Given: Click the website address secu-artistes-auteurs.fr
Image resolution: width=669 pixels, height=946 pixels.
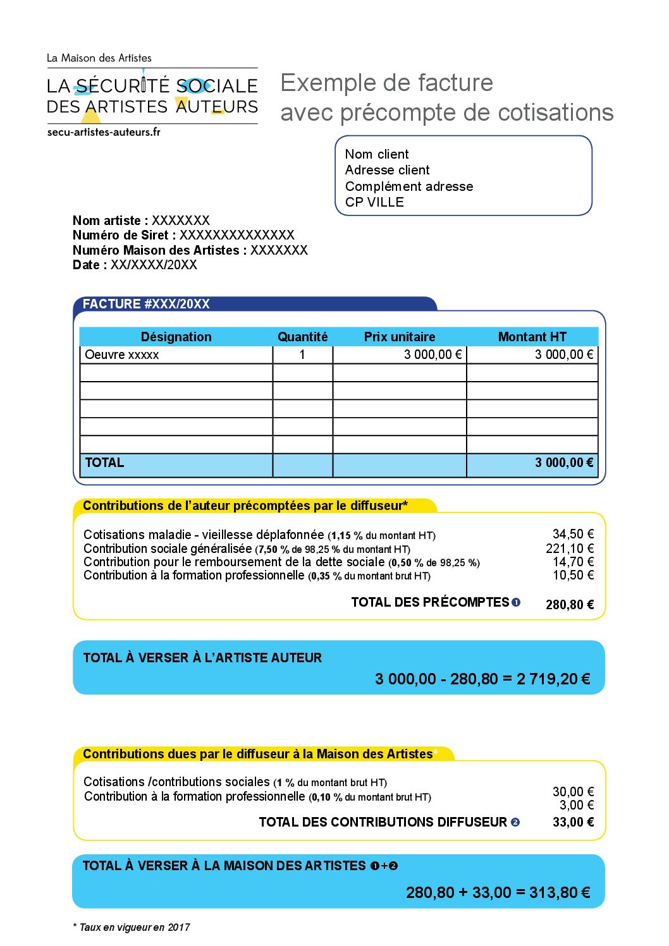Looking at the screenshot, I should pos(104,132).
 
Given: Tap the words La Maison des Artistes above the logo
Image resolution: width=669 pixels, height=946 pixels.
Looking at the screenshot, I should pos(99,58).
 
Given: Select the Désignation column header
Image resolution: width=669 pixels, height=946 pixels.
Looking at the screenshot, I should pos(176,337).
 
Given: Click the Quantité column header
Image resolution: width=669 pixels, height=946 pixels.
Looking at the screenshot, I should pos(302,337).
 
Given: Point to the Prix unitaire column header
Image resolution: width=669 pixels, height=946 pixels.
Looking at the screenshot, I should pos(399,337).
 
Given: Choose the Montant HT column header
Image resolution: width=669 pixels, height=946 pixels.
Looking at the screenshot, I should pos(532,337).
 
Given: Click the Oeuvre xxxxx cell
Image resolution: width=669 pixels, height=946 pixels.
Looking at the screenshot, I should pos(122,355).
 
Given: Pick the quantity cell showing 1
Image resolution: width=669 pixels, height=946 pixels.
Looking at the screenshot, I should pos(302,355).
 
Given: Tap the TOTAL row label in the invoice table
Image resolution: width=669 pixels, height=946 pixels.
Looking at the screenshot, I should pos(104,463).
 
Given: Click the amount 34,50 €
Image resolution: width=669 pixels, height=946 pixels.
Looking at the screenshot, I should pos(573,534).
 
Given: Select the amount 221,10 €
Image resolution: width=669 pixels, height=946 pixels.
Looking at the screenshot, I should pos(570,549).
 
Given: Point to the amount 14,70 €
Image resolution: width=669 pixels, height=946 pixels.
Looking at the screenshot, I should pos(573,562).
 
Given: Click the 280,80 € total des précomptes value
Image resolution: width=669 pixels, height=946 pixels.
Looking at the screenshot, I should pos(569,605).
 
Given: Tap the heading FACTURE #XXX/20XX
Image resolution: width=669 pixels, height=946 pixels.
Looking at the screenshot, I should pos(146,304).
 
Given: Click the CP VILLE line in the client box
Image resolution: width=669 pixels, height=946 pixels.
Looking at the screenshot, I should pos(374,202).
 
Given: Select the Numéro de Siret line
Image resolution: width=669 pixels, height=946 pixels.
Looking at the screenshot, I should pos(183,235).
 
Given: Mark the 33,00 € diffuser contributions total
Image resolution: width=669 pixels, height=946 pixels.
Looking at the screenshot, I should pos(573,822).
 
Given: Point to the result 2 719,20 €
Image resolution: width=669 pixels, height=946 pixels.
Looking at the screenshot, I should pos(553,679).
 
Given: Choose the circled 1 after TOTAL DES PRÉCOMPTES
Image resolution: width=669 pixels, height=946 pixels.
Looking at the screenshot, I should pos(516,602).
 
